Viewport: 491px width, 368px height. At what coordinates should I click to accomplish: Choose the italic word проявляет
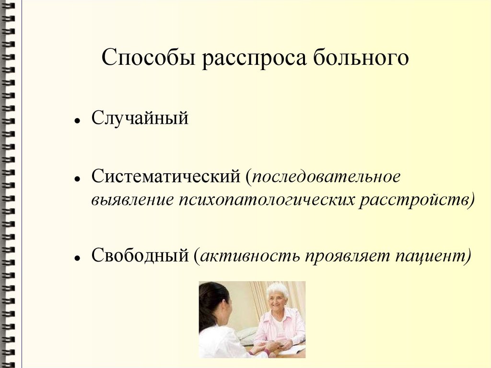click(x=347, y=256)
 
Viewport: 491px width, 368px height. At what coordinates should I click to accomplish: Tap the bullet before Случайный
click(x=77, y=120)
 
